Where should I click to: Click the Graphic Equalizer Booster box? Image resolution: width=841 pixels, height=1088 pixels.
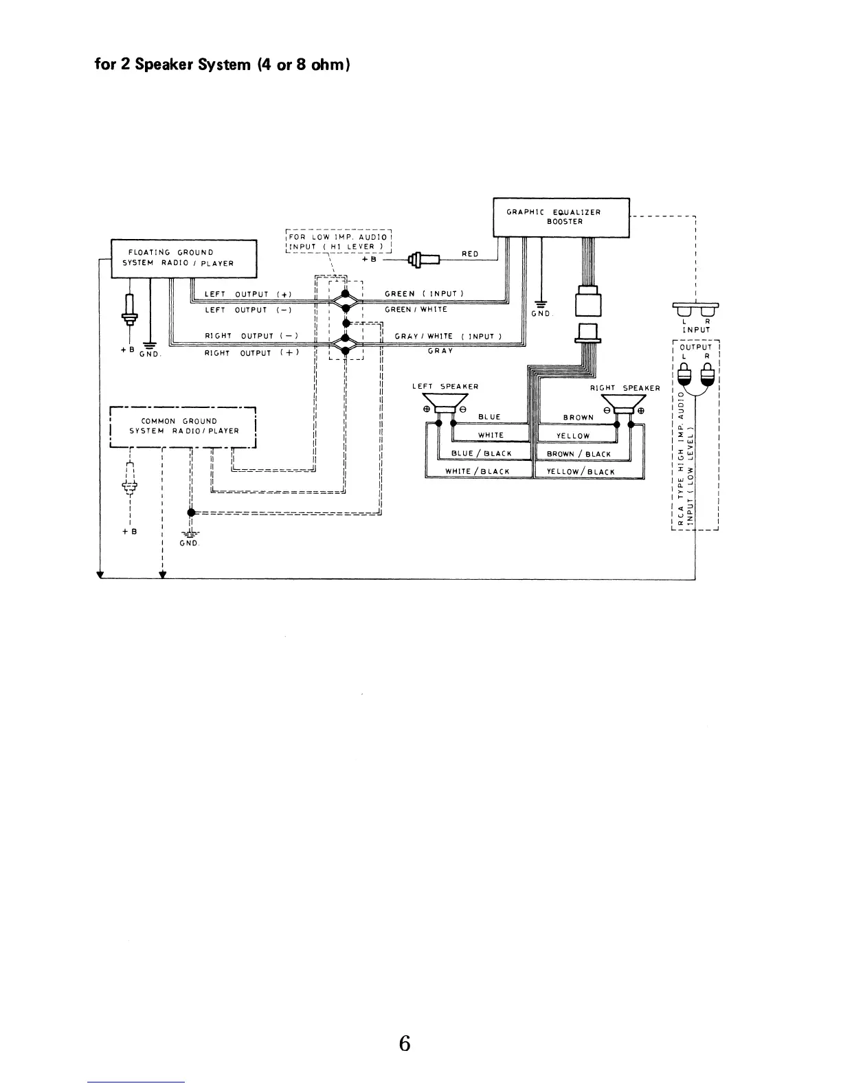(561, 217)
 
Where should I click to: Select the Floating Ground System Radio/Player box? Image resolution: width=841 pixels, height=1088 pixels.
(183, 258)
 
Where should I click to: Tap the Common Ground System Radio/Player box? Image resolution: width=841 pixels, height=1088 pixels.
(183, 427)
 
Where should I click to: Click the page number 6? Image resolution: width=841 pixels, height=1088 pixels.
(405, 1044)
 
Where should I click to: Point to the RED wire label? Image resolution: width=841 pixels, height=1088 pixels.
(470, 254)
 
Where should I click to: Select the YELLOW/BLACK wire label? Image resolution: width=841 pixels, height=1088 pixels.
(581, 472)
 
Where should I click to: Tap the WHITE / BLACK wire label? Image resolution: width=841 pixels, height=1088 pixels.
(478, 472)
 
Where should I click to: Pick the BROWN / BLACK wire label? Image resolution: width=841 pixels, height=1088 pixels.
(579, 454)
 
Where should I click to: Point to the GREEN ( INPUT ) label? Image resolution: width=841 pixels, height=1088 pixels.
(425, 294)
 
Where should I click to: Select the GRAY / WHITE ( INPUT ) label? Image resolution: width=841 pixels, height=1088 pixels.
(448, 337)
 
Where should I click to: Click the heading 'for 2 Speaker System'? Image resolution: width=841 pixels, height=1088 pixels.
(223, 66)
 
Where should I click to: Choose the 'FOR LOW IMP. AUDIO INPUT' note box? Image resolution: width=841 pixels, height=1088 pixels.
(338, 242)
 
